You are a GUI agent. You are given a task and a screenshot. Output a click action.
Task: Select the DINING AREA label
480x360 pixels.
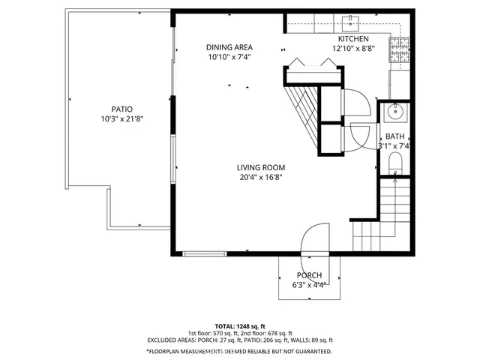[x=229, y=47]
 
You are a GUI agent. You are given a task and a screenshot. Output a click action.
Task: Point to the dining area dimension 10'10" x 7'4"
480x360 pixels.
[x=229, y=57]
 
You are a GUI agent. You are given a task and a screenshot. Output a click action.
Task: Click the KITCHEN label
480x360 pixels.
[x=352, y=39]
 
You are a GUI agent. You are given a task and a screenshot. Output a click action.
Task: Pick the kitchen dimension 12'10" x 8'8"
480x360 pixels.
[x=352, y=49]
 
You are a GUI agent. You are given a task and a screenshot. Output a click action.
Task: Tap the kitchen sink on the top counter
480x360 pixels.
[x=349, y=22]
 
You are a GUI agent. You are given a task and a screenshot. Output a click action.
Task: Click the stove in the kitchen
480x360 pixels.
[x=397, y=51]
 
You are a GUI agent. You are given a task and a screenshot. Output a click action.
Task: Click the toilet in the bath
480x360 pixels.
[x=397, y=163]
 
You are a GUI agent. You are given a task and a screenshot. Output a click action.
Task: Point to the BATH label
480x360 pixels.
[x=394, y=136]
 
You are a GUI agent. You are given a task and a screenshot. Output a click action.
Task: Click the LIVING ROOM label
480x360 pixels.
[x=261, y=167]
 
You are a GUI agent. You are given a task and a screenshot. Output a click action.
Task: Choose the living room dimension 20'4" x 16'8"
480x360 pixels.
[x=261, y=178]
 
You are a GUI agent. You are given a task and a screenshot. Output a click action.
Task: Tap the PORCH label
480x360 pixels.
[x=309, y=275]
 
